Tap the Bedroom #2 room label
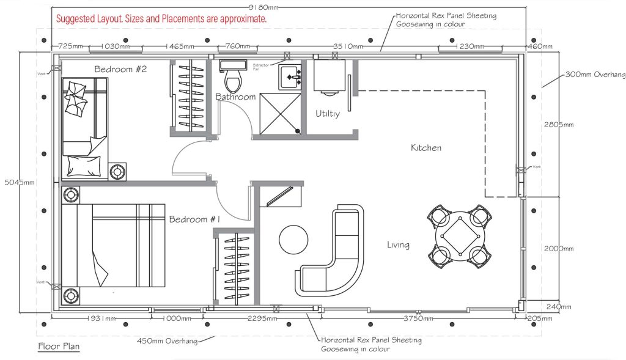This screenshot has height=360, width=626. (x=120, y=69)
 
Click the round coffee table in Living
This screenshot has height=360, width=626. (x=295, y=239)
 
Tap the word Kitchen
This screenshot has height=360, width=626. (x=425, y=148)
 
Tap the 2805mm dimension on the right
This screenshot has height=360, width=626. (x=559, y=125)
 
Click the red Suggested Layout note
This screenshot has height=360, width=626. (x=161, y=19)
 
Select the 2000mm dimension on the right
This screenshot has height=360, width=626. (x=559, y=249)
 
